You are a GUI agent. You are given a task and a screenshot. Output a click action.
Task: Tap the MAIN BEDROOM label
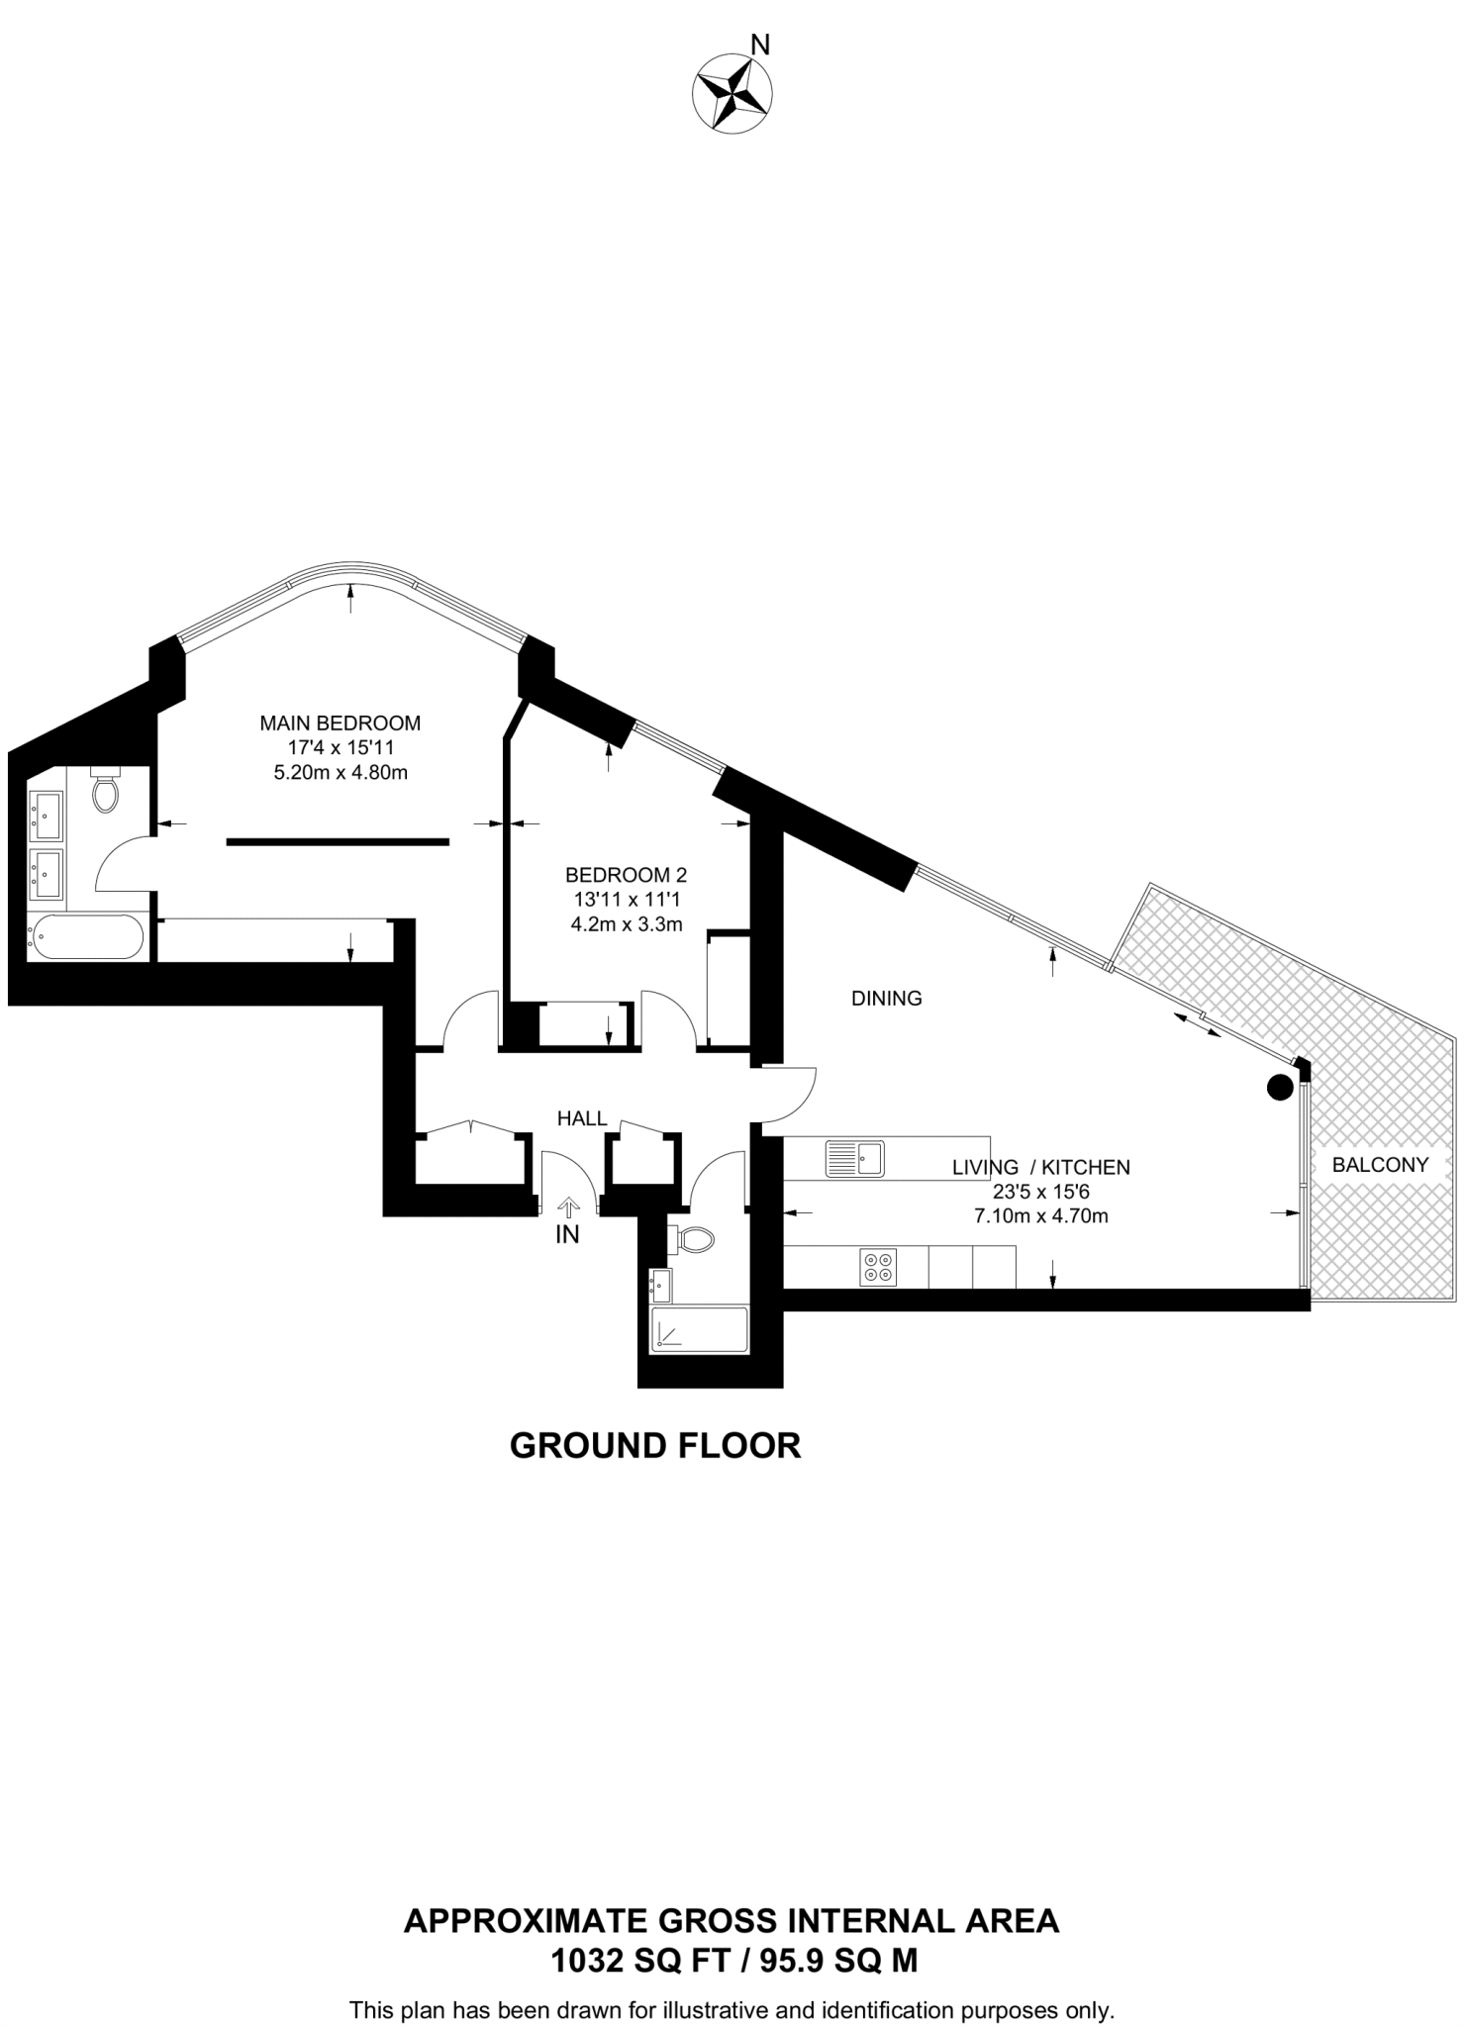[x=340, y=724]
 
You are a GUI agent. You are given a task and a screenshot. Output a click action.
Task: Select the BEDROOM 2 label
[x=626, y=875]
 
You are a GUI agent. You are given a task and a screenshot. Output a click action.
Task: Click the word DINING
[x=886, y=999]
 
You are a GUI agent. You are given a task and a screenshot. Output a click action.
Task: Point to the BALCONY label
[x=1380, y=1165]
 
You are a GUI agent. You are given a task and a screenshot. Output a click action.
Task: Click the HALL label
[x=582, y=1118]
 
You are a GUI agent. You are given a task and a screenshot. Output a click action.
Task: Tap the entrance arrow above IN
[x=568, y=1207]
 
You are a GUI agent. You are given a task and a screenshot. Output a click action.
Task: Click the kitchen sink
[x=855, y=1158]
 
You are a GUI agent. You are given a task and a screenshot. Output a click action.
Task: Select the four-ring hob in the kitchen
[x=878, y=1268]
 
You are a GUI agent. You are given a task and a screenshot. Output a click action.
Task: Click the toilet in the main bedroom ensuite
[x=105, y=789]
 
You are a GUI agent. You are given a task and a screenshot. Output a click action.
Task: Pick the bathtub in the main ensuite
[x=86, y=936]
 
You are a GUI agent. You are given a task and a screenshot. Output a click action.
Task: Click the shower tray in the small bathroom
[x=699, y=1329]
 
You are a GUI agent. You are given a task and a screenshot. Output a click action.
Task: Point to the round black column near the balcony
[x=1281, y=1088]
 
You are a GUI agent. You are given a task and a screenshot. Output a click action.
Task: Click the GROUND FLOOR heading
[x=654, y=1446]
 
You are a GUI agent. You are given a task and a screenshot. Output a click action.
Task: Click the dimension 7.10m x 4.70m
[x=1040, y=1216]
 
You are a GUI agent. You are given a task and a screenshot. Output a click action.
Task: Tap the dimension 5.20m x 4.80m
[x=340, y=773]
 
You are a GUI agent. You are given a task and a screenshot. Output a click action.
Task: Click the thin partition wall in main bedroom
[x=338, y=842]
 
